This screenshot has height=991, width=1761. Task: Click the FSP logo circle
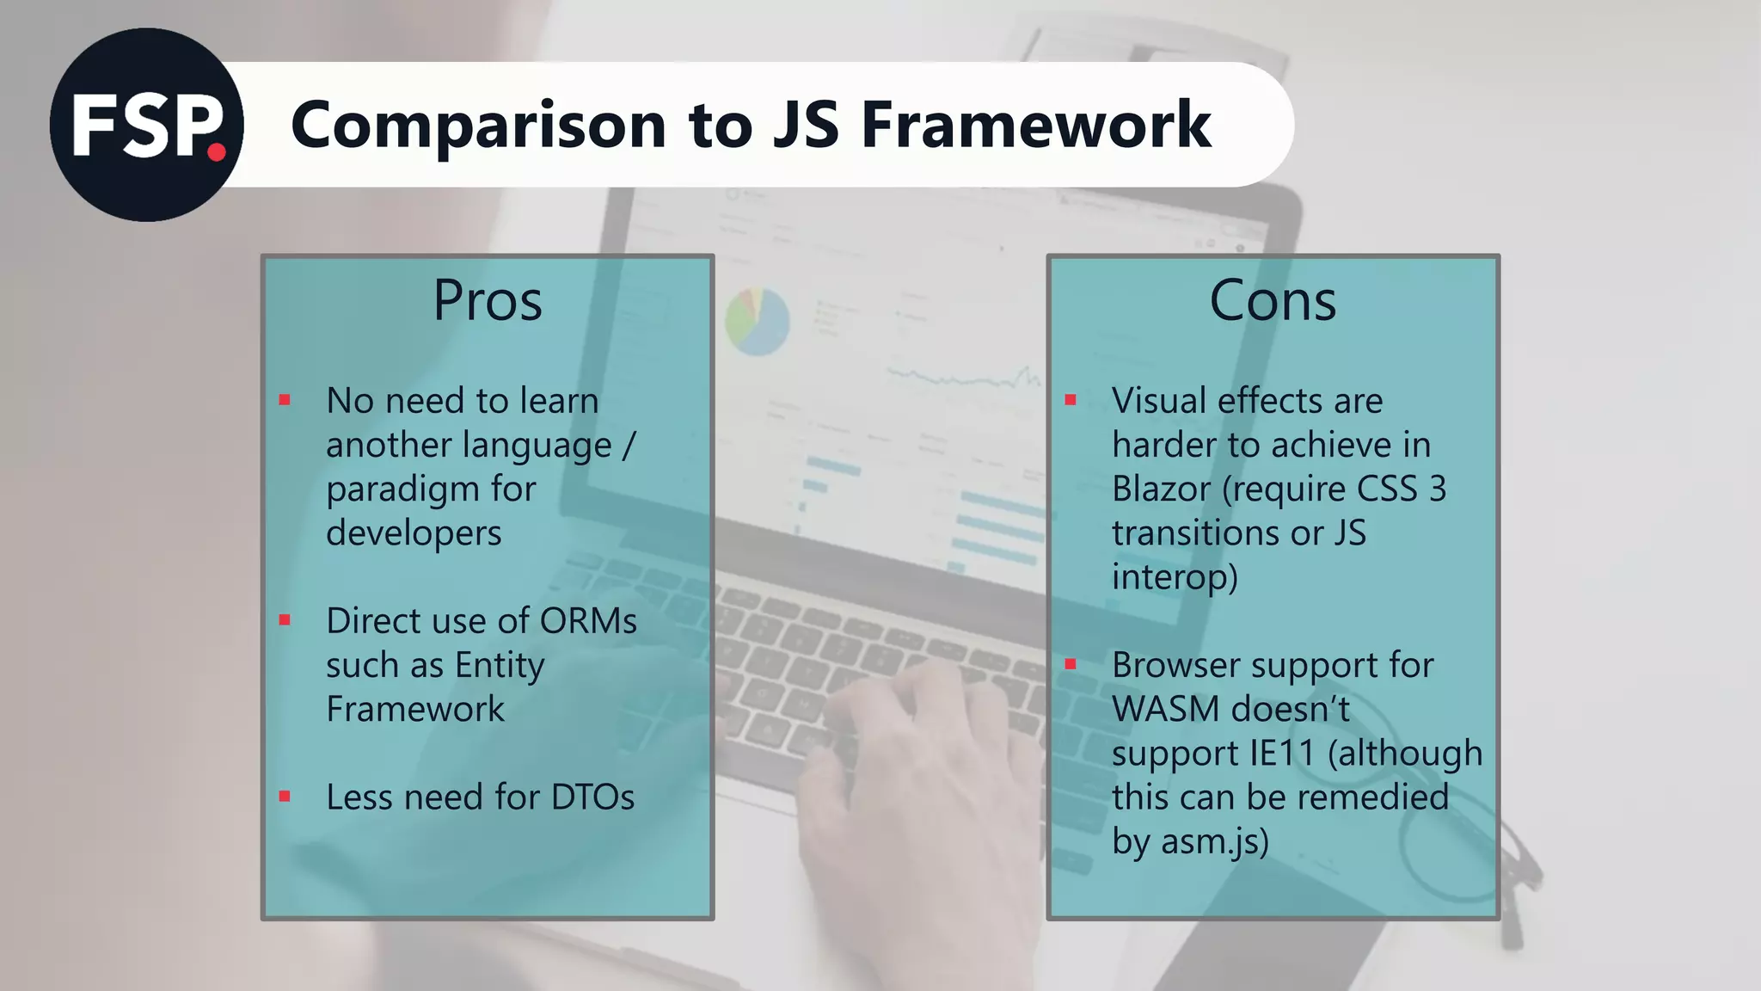(x=146, y=125)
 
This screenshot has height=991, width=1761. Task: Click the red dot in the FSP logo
(x=217, y=153)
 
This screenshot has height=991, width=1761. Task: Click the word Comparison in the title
(x=478, y=126)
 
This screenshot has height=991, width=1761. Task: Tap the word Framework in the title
(x=1036, y=126)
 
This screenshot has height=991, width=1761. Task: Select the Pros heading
(x=488, y=300)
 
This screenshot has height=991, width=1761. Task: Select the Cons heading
(x=1273, y=300)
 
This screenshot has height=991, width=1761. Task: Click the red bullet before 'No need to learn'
(x=285, y=400)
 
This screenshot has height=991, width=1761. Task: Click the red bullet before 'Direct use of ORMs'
(x=285, y=620)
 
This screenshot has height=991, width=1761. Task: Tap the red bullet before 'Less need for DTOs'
(x=285, y=797)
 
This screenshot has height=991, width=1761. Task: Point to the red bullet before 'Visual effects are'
(x=1071, y=400)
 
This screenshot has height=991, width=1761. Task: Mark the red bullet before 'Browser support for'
(x=1071, y=664)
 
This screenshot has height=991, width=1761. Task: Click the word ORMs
(x=588, y=621)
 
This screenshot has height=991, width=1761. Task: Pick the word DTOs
(x=592, y=797)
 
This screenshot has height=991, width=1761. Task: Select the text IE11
(x=1282, y=754)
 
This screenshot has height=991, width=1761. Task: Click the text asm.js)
(x=1214, y=841)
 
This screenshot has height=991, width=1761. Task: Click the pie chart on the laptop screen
(x=757, y=321)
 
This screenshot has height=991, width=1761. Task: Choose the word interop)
(x=1175, y=576)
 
